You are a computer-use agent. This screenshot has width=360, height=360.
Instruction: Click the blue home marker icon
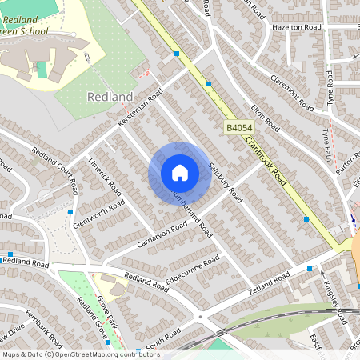(x=180, y=173)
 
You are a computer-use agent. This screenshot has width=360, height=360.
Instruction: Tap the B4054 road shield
(x=238, y=128)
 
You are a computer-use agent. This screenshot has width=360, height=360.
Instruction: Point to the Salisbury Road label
(x=224, y=182)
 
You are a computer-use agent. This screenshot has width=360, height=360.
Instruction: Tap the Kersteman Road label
(x=141, y=106)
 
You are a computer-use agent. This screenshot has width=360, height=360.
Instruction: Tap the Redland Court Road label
(x=54, y=167)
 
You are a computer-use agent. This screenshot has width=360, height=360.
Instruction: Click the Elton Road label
(x=264, y=118)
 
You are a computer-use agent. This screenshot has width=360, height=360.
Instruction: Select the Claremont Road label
(x=291, y=92)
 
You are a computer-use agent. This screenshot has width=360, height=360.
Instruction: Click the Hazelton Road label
(x=296, y=27)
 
